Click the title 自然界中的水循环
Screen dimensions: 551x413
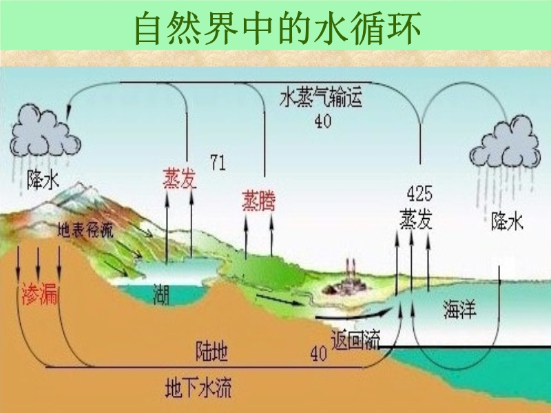click(278, 28)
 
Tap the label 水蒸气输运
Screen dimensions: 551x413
click(321, 98)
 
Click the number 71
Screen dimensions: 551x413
click(218, 162)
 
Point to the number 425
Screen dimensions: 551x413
click(419, 193)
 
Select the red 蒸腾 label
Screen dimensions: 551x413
click(259, 200)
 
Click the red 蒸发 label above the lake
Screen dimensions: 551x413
click(180, 178)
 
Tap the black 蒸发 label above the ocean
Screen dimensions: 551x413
click(416, 220)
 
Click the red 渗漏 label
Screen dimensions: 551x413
click(40, 294)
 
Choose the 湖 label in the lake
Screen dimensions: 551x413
click(161, 295)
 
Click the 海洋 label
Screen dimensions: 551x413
click(460, 309)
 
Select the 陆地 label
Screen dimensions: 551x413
click(211, 351)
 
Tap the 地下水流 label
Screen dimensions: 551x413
click(198, 388)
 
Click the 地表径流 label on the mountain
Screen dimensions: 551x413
click(85, 230)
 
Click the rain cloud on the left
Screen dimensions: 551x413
click(45, 131)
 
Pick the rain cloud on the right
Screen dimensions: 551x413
click(506, 142)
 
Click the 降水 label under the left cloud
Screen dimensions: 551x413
click(43, 181)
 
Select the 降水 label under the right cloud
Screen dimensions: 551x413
click(507, 221)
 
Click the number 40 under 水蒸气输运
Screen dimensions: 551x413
click(322, 121)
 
